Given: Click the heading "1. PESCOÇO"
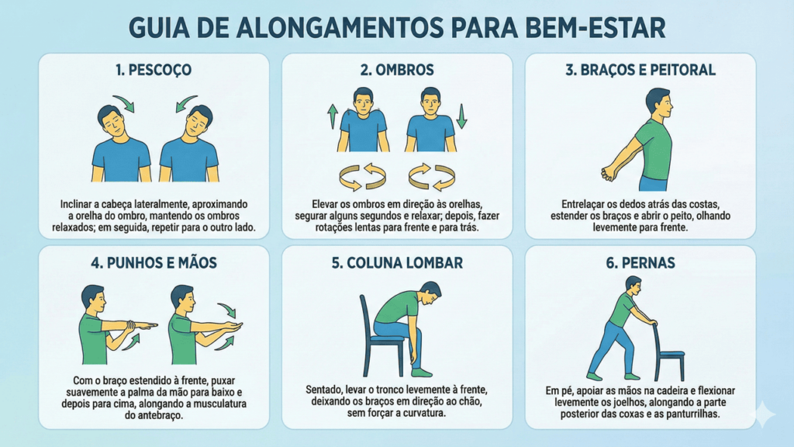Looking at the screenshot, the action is [154, 70].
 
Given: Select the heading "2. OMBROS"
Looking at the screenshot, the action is [397, 70].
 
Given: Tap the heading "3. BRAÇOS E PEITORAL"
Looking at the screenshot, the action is [640, 70].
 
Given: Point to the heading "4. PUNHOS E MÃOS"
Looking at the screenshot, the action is [154, 263].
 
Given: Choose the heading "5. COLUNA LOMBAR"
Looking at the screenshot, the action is [397, 263].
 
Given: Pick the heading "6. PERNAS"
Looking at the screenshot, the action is [640, 263].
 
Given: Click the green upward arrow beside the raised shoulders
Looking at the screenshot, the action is [333, 116].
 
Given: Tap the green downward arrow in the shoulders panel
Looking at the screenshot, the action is [461, 116].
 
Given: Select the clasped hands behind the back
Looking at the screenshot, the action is [609, 174].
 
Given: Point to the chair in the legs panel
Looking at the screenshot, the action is [668, 353].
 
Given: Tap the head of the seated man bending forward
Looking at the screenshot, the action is [430, 293].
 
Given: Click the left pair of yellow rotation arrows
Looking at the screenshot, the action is [363, 177].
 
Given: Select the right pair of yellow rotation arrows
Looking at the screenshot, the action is [432, 177].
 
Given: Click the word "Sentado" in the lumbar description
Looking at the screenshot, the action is [324, 390].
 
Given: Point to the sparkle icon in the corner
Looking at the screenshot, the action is [763, 414].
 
